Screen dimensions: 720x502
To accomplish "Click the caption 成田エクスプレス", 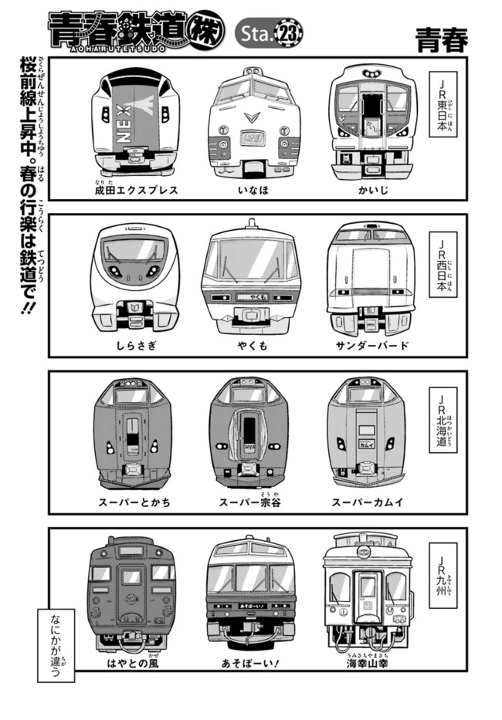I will pyautogui.click(x=136, y=190).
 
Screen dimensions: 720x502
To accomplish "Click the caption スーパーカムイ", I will pyautogui.click(x=368, y=502).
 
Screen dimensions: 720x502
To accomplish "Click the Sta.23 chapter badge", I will pyautogui.click(x=269, y=32).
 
